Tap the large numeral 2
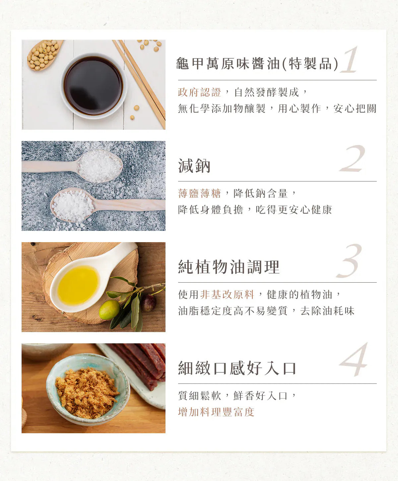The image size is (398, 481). click(x=352, y=159)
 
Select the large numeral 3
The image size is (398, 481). click(x=349, y=260)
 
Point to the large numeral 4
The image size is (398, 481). click(x=354, y=360)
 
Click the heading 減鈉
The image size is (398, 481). click(x=194, y=166)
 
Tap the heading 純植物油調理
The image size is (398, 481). click(x=229, y=267)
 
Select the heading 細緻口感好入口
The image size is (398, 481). click(x=237, y=368)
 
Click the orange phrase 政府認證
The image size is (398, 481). click(x=199, y=92)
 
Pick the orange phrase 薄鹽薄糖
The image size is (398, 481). click(x=199, y=193)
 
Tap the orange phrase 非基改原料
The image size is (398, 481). click(x=227, y=295)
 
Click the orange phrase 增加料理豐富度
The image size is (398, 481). click(x=216, y=412)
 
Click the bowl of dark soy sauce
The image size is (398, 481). click(x=94, y=86)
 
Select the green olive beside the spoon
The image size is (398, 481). click(x=109, y=309)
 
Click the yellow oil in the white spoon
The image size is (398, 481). click(x=78, y=285)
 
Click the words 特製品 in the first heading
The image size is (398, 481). click(x=310, y=64)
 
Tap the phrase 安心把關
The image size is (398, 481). click(x=355, y=108)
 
